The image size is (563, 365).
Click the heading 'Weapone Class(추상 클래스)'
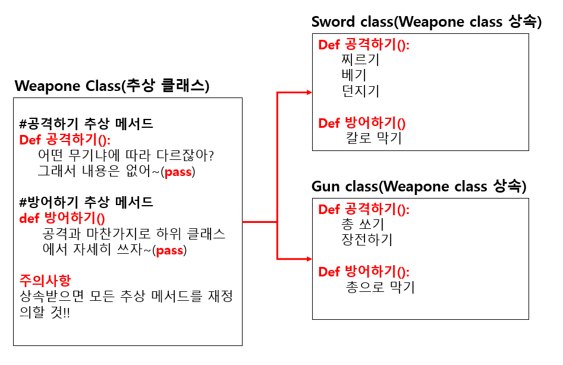(x=112, y=86)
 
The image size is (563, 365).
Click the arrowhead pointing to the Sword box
(x=309, y=92)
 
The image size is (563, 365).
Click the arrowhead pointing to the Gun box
(x=309, y=259)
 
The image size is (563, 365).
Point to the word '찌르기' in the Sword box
(x=360, y=60)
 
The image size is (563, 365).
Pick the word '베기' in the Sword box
(x=354, y=75)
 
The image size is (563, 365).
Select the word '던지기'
(x=360, y=91)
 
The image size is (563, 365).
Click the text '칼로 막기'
(x=374, y=139)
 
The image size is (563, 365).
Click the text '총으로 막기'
(x=380, y=288)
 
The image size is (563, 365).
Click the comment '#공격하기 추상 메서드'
(x=86, y=124)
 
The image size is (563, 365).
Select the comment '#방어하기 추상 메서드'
(x=86, y=202)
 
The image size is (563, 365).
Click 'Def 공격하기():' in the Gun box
(x=364, y=209)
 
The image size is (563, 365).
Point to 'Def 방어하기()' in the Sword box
(x=361, y=123)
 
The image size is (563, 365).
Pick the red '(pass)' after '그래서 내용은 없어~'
(x=179, y=172)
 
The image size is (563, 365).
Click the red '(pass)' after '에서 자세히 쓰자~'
(x=170, y=250)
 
